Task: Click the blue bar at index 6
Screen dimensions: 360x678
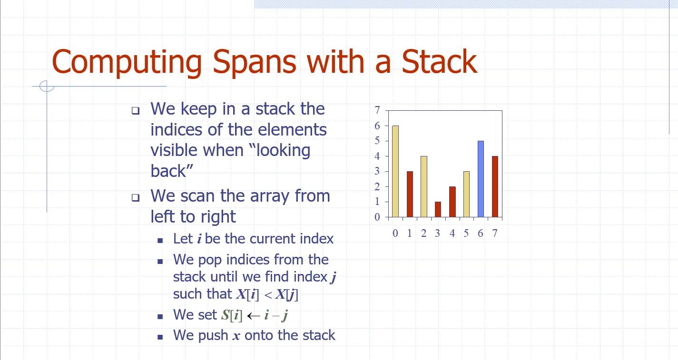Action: point(481,179)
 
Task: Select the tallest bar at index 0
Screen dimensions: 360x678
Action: point(395,171)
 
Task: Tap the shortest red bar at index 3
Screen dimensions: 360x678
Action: point(438,209)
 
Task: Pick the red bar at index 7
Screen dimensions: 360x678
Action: point(495,186)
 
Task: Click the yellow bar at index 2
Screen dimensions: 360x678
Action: point(423,186)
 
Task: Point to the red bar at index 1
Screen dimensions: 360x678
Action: point(409,194)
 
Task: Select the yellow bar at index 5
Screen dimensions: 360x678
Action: point(466,194)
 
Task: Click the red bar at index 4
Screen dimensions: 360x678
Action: point(452,202)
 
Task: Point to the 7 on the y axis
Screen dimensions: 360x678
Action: point(377,110)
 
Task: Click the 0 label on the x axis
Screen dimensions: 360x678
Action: point(395,233)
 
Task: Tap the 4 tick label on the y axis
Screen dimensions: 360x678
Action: point(377,156)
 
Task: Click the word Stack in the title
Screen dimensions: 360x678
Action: point(439,62)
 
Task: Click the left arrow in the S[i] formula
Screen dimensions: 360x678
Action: point(253,315)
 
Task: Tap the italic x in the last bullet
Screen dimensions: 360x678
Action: point(236,336)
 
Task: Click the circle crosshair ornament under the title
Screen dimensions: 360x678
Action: point(47,86)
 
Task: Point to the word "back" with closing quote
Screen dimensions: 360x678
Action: point(172,171)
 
